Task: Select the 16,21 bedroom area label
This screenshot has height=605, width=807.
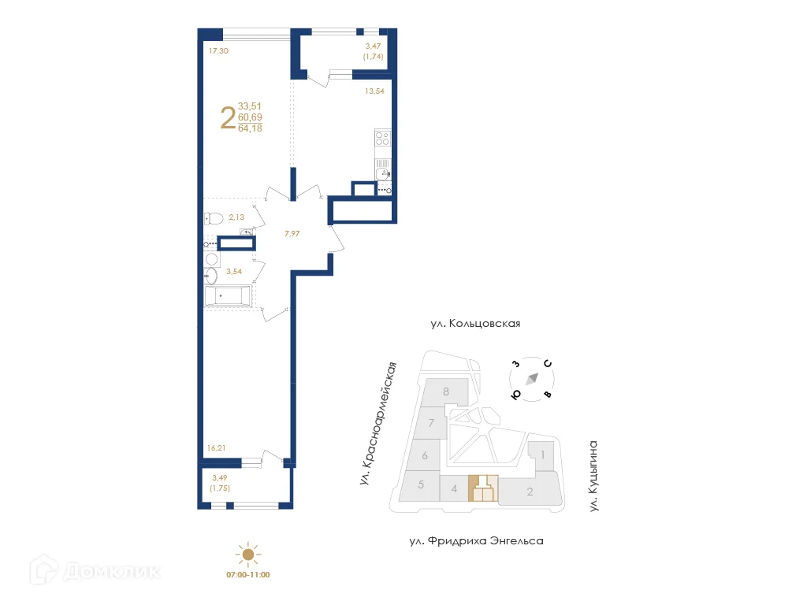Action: pyautogui.click(x=217, y=447)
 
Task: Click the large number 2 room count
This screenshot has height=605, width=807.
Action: pyautogui.click(x=228, y=118)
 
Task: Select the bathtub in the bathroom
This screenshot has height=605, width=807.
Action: pyautogui.click(x=228, y=296)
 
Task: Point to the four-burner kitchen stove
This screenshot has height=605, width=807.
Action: pyautogui.click(x=382, y=139)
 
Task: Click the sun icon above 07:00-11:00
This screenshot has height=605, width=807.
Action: pyautogui.click(x=248, y=555)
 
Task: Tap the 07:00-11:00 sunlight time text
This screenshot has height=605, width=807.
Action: pyautogui.click(x=248, y=575)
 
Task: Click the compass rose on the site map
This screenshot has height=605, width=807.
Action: pyautogui.click(x=532, y=379)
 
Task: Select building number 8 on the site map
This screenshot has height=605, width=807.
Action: pyautogui.click(x=446, y=392)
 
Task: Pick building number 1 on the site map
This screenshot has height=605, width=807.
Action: pyautogui.click(x=542, y=455)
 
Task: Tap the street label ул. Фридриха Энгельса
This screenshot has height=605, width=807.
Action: pyautogui.click(x=476, y=541)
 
